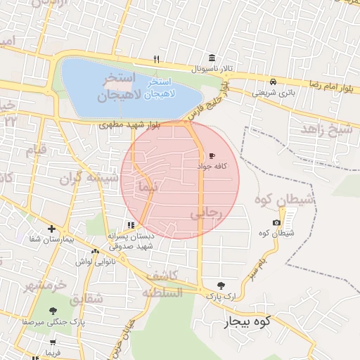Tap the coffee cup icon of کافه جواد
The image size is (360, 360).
[212, 155]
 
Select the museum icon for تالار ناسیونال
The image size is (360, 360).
[212, 58]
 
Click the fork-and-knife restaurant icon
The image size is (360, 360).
[157, 59]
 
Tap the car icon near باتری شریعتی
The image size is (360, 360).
[272, 81]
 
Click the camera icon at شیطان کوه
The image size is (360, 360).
[276, 223]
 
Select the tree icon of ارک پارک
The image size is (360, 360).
[221, 285]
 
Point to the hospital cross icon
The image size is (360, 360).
[51, 229]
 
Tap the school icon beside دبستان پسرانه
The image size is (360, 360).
[130, 226]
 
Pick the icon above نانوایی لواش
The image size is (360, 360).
[95, 251]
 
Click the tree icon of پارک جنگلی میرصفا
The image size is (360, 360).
[53, 310]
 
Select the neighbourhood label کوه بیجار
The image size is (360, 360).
[247, 323]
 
